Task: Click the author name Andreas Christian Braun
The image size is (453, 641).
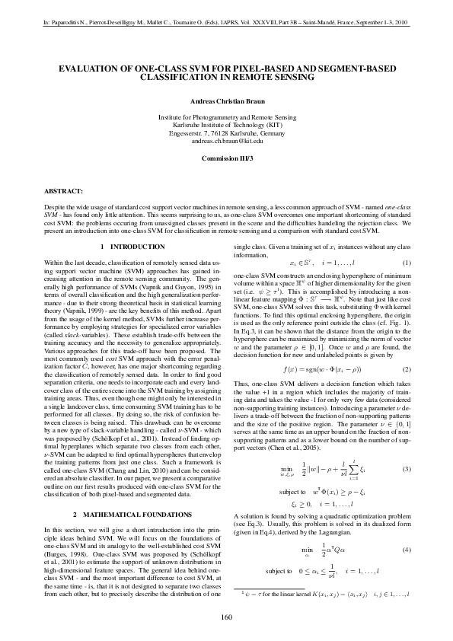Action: (227, 101)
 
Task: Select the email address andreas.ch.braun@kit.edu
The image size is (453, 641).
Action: (227, 141)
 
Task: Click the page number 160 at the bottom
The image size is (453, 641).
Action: (226, 616)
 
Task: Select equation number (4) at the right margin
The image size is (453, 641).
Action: (407, 570)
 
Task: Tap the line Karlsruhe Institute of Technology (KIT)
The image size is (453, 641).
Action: (227, 125)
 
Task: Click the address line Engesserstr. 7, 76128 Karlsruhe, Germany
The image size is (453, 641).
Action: (227, 133)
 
